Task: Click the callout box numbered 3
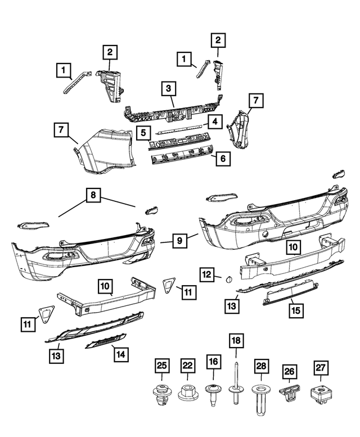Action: click(168, 88)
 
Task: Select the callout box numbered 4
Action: click(214, 121)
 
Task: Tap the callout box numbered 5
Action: click(143, 133)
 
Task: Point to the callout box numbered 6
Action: click(222, 159)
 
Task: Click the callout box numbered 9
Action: click(179, 241)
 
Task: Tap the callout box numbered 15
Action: click(294, 309)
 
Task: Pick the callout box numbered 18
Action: click(235, 340)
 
